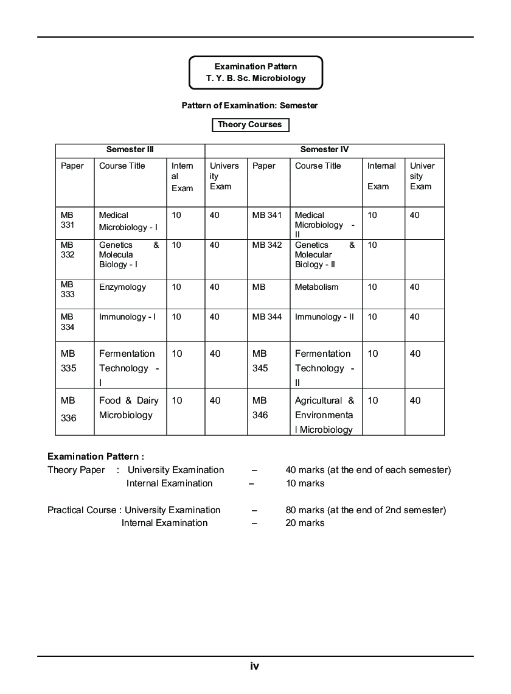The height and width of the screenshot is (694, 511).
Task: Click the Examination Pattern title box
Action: coord(255,72)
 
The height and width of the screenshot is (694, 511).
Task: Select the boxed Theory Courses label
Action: coord(250,125)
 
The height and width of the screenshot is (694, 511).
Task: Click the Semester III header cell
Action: coord(130,150)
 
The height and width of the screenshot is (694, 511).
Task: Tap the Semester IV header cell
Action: coord(324,150)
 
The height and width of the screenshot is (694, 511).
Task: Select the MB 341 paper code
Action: coord(267,216)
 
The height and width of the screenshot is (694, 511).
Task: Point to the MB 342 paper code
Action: coord(267,245)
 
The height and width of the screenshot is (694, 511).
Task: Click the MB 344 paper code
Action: coord(267,317)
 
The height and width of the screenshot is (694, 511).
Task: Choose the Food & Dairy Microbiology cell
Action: coord(129,408)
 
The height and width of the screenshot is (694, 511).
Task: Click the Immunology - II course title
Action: coord(324,317)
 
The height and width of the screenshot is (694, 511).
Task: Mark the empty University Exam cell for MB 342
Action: coord(424,259)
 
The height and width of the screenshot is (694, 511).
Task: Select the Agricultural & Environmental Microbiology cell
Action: coord(324,415)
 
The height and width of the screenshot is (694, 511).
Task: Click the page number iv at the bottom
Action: coord(255,666)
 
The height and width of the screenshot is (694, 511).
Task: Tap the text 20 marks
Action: coord(305,523)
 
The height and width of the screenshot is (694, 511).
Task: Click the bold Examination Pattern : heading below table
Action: coord(96,456)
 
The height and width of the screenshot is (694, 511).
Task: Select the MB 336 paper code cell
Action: coord(69,409)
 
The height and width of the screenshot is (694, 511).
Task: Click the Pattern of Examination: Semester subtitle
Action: coord(249,106)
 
